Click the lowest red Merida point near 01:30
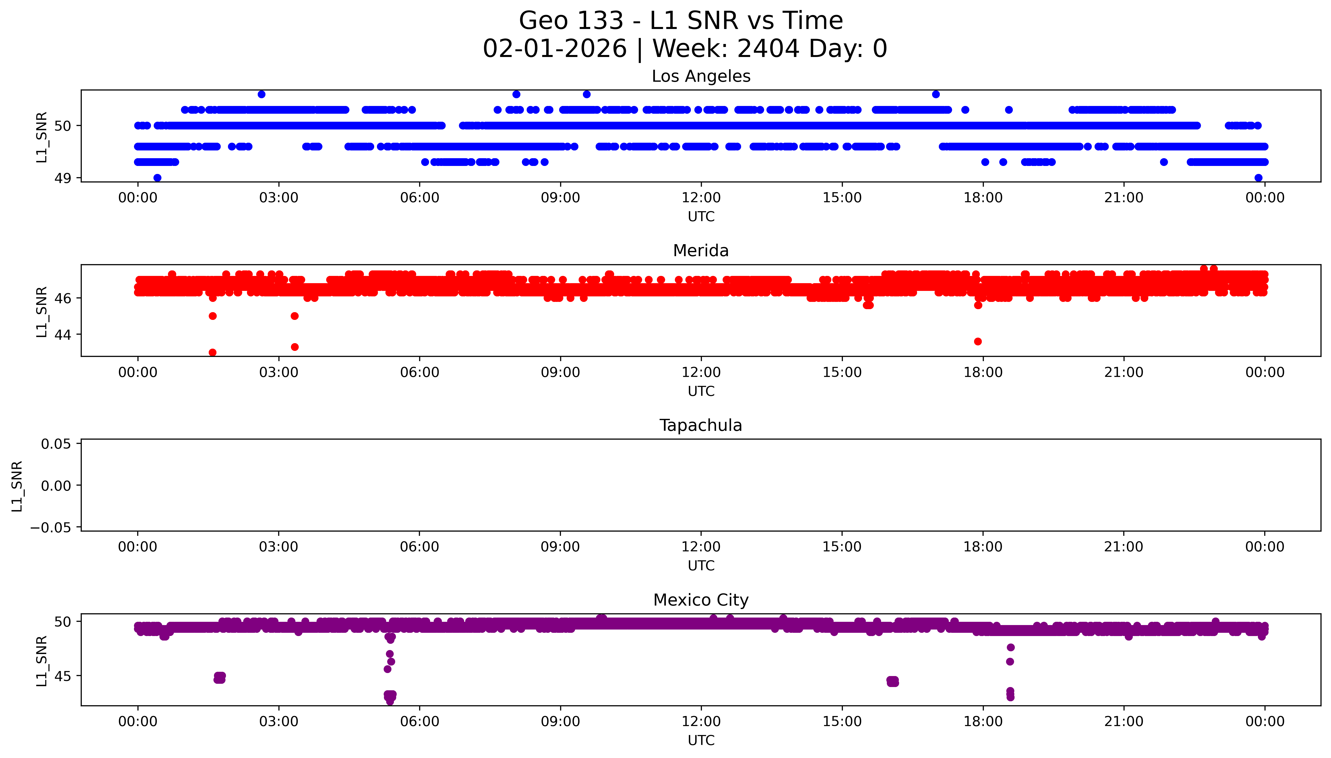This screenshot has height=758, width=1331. point(212,352)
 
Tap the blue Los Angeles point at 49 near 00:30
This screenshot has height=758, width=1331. point(157,178)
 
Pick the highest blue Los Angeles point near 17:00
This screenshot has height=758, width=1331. point(936,94)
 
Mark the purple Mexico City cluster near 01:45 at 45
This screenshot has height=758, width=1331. point(220,677)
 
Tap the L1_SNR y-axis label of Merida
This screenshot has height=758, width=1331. point(42,311)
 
